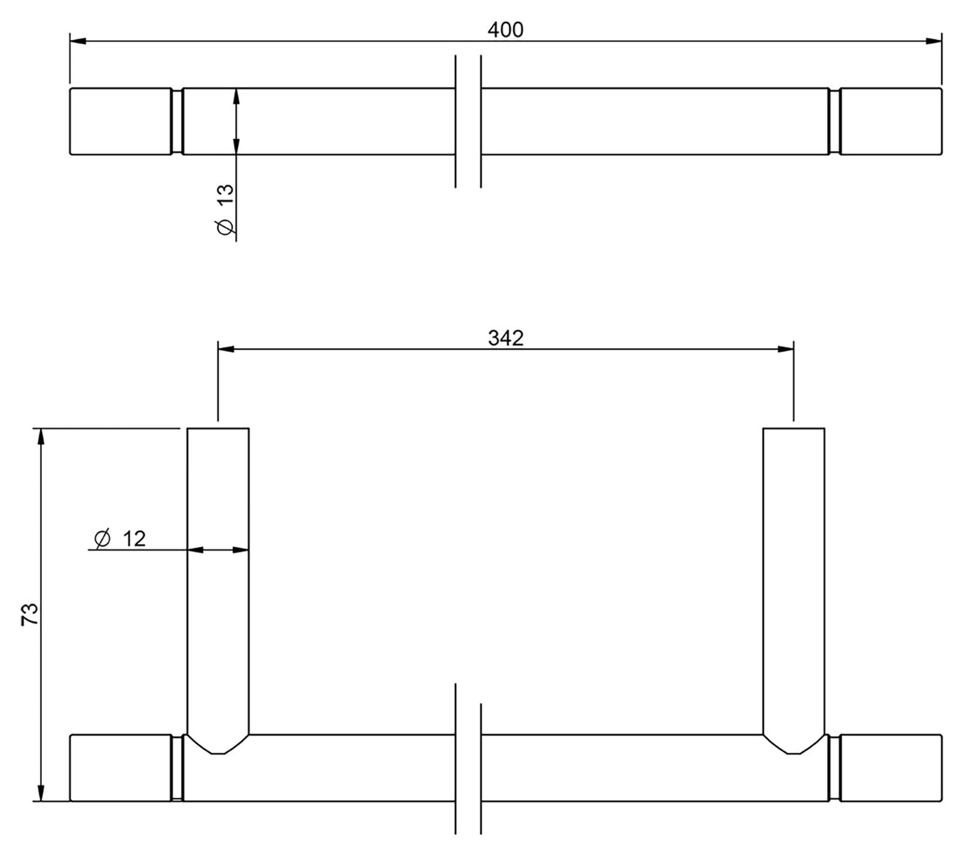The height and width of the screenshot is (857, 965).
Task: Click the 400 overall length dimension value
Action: (x=506, y=30)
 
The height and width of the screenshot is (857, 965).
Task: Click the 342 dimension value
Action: (x=506, y=339)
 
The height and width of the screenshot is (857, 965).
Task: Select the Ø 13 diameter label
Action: (x=226, y=209)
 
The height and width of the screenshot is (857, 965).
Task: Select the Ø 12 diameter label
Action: (x=121, y=538)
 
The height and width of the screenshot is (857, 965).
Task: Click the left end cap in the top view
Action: (x=120, y=121)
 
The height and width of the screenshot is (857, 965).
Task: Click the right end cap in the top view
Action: (x=891, y=121)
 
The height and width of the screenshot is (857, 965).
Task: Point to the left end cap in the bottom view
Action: (x=120, y=767)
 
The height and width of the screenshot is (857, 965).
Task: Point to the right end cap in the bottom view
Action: (x=891, y=767)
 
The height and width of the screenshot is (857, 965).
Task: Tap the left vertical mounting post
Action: (x=218, y=574)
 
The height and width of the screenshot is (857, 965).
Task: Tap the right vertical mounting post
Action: (x=793, y=574)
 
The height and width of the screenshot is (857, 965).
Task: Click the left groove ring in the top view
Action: (x=176, y=121)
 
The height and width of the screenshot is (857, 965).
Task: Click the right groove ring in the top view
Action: (x=834, y=121)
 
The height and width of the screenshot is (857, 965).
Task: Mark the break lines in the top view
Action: (x=467, y=121)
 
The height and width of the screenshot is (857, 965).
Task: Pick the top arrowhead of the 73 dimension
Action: (x=41, y=436)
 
